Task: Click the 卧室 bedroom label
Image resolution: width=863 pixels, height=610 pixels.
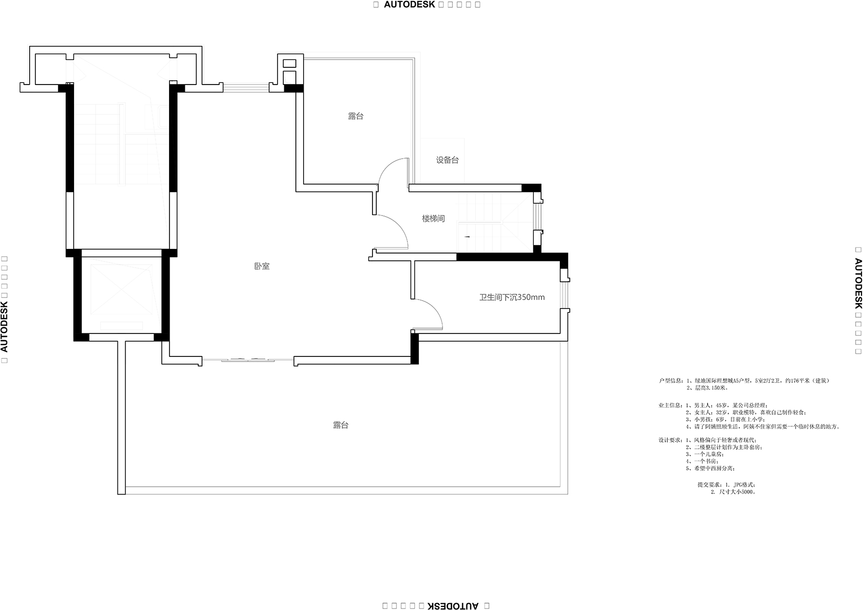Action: [x=262, y=266]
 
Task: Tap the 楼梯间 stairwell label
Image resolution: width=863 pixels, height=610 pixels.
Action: [x=433, y=219]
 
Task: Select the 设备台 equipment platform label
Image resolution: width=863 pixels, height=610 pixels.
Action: [x=447, y=160]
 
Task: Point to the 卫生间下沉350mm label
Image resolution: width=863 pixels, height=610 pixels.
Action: [x=512, y=297]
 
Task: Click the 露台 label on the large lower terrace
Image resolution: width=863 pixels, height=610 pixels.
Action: [x=341, y=425]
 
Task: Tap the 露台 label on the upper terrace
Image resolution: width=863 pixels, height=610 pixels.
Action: [x=355, y=116]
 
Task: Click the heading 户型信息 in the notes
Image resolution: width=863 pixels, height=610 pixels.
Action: [x=670, y=381]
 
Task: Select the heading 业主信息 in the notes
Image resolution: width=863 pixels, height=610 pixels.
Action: [x=670, y=405]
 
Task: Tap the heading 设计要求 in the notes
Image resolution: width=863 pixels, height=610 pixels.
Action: [x=670, y=440]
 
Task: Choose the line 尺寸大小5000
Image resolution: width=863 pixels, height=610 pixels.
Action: [x=736, y=492]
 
